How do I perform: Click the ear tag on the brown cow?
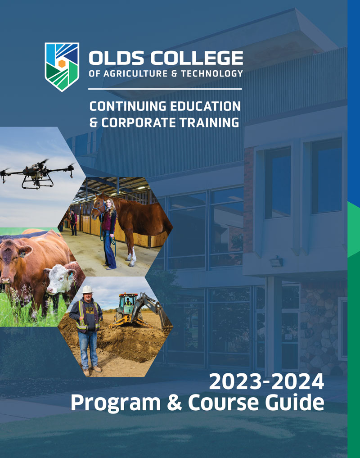coord(21,254)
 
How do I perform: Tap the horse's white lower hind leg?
coord(133,257)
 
